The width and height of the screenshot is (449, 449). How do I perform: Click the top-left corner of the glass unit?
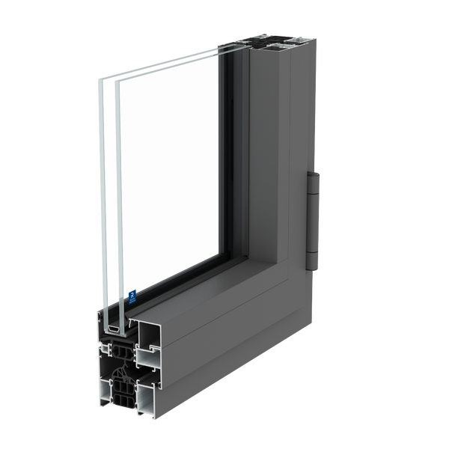(100, 75)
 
